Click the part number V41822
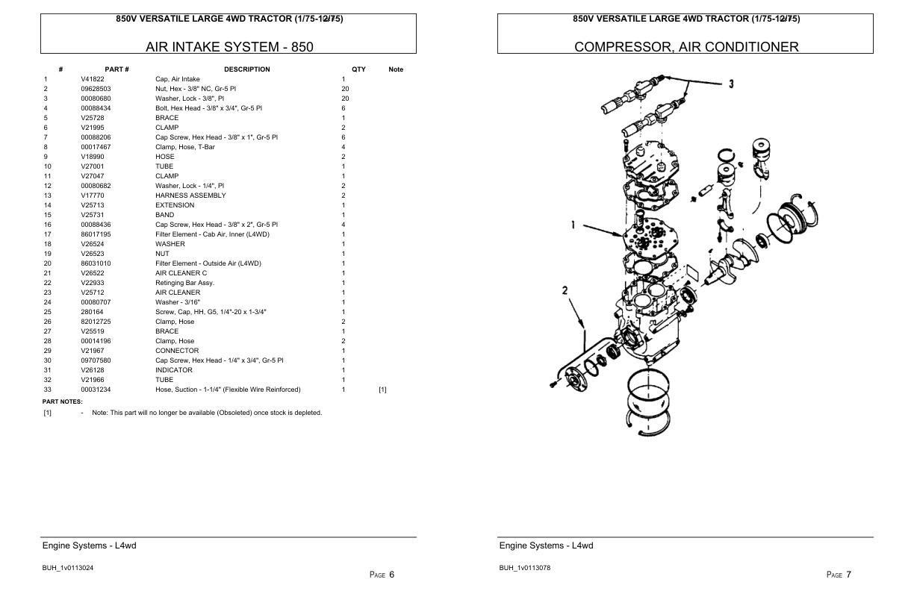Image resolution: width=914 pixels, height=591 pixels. click(x=93, y=79)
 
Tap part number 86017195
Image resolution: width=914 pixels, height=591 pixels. click(x=96, y=234)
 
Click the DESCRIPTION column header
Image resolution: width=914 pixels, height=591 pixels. click(x=246, y=69)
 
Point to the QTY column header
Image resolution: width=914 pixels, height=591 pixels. click(x=358, y=69)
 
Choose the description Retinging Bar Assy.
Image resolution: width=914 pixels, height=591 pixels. click(x=184, y=283)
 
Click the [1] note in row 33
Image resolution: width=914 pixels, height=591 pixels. click(x=382, y=390)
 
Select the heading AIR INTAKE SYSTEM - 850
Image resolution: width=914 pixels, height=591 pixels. click(x=229, y=47)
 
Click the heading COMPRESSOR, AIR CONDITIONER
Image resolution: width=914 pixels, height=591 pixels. click(x=685, y=47)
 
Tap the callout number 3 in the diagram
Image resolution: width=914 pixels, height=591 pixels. click(x=731, y=84)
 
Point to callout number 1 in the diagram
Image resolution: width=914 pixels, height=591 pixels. click(x=573, y=224)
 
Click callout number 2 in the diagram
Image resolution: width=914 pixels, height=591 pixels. click(x=565, y=290)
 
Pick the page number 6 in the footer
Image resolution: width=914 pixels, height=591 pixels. click(x=391, y=575)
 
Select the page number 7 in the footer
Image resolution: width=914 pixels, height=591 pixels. click(x=848, y=575)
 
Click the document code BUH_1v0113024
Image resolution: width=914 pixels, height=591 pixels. click(x=67, y=568)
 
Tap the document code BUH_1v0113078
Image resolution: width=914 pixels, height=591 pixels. click(x=525, y=568)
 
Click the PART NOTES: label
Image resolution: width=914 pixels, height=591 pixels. click(x=62, y=401)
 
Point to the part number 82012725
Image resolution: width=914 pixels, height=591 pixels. click(x=96, y=322)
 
